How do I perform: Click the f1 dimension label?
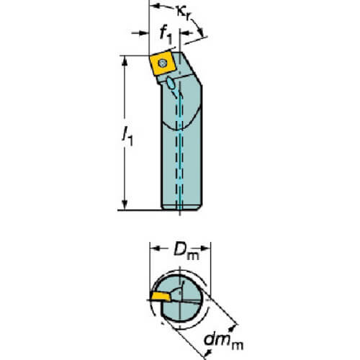click(166, 35)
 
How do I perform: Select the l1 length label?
click(127, 136)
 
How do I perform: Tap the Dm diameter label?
click(186, 251)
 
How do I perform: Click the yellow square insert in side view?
click(161, 64)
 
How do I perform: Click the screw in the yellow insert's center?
click(163, 63)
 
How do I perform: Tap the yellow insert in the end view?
click(160, 297)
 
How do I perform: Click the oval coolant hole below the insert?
click(171, 83)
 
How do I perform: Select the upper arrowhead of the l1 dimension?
click(125, 61)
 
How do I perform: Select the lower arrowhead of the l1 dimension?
click(125, 204)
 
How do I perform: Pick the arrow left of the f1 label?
click(140, 33)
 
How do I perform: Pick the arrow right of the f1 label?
click(186, 33)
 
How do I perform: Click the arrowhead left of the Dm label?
click(156, 248)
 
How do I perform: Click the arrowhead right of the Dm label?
click(204, 248)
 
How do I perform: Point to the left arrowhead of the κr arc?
click(156, 6)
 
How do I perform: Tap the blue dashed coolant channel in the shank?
click(179, 153)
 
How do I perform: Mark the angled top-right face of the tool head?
click(192, 68)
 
